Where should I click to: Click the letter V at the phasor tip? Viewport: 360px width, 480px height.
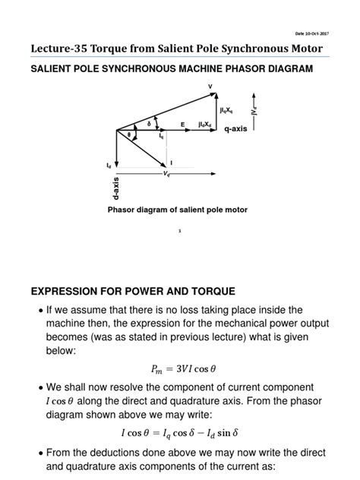point(210,87)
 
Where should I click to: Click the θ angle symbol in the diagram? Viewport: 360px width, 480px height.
point(128,135)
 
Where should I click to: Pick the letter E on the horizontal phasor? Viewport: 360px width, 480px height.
point(182,124)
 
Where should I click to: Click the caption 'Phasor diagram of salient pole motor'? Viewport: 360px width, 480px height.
point(178,209)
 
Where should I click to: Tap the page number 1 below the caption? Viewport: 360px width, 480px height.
point(179,233)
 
